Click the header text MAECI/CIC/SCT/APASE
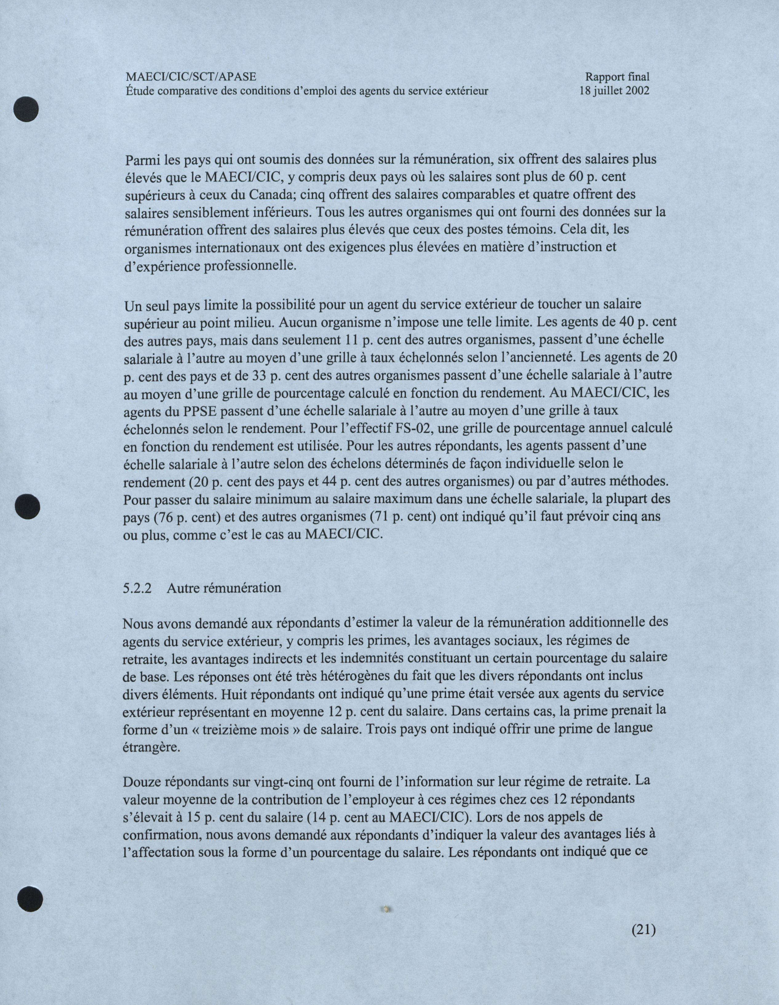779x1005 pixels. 191,77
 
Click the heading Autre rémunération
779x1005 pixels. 224,588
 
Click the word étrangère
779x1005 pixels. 149,747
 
